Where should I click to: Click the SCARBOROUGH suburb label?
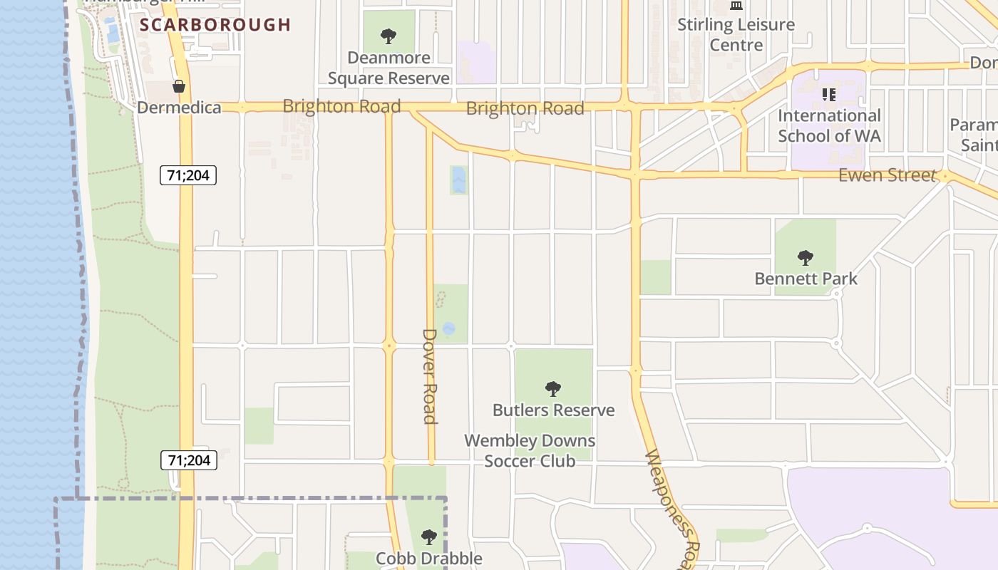coord(215,25)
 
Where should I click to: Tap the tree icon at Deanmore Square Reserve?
coord(389,36)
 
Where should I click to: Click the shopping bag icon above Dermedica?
coord(179,86)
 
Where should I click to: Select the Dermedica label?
coord(179,108)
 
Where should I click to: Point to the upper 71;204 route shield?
coord(187,175)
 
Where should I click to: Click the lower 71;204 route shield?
coord(188,460)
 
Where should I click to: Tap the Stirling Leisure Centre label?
coord(736,34)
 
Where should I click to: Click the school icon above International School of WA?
coord(828,94)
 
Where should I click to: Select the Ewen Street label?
coord(886,175)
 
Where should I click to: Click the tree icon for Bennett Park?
coord(806,257)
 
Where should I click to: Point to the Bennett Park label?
coord(806,279)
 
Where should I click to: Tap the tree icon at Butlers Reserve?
coord(552,388)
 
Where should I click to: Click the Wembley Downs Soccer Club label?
coord(530,451)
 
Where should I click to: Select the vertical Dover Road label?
coord(429,375)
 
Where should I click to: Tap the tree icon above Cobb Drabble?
coord(428,537)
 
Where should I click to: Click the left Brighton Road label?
coord(341,106)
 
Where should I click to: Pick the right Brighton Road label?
coord(525,108)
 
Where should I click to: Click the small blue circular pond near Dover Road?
coord(448,328)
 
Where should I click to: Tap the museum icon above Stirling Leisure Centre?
coord(736,6)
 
